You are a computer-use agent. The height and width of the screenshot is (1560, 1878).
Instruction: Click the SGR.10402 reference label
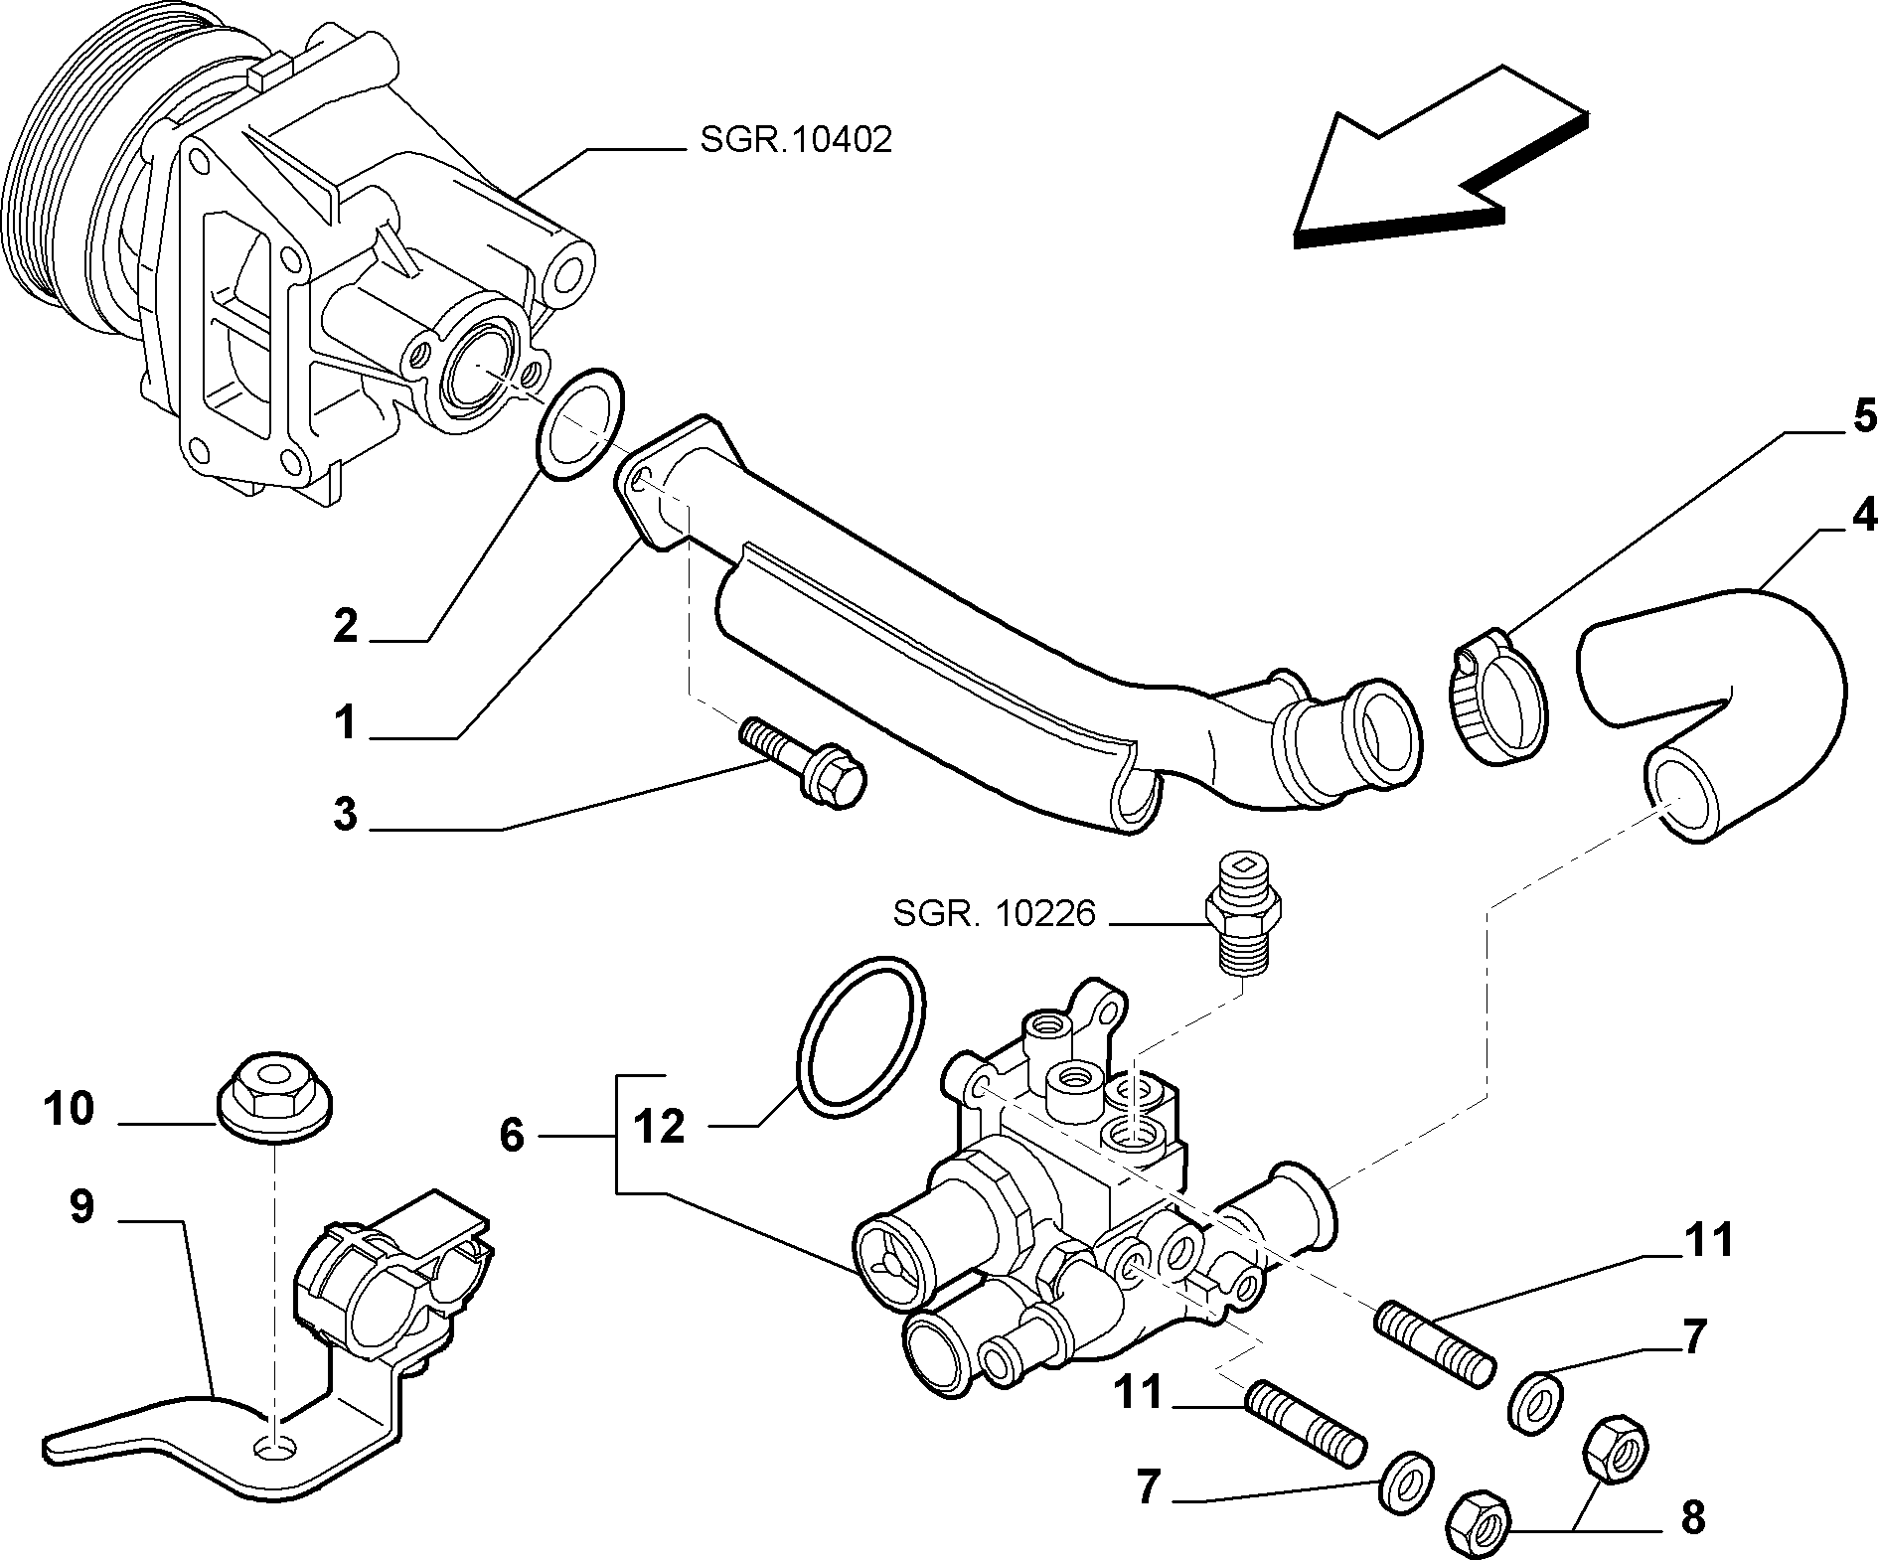tap(795, 140)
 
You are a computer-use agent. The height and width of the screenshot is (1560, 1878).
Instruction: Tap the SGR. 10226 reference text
tap(993, 912)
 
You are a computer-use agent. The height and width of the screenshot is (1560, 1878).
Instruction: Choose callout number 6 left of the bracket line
tap(511, 1135)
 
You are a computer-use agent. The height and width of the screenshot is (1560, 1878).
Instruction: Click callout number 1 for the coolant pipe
tap(344, 722)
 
